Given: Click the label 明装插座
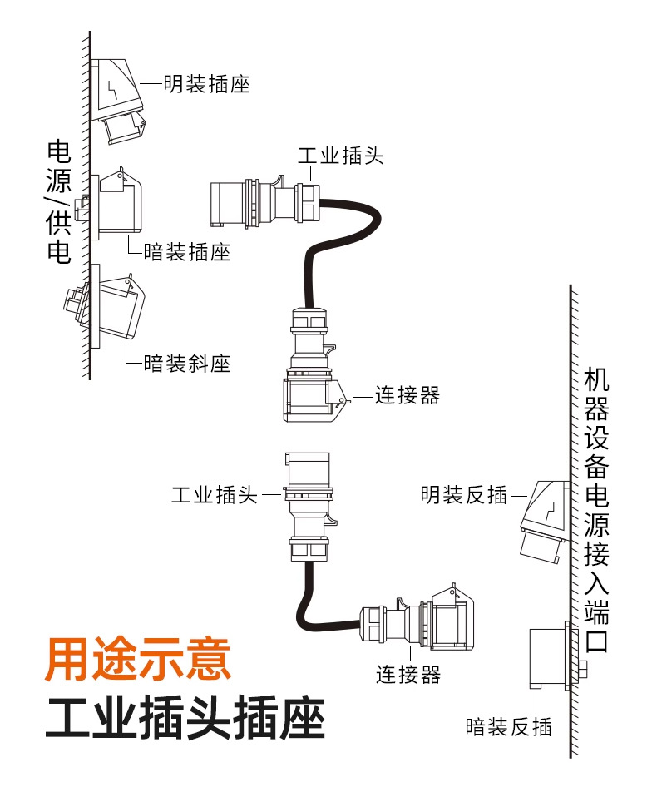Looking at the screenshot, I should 206,84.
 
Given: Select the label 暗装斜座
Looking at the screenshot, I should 186,363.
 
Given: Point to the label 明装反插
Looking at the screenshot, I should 463,496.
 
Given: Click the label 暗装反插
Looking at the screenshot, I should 508,726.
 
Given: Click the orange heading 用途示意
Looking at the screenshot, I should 138,659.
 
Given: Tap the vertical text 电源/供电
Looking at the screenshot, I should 58,203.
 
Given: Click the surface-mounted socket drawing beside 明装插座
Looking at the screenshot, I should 119,100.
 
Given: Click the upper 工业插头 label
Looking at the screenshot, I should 340,155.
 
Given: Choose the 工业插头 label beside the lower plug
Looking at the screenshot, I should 215,496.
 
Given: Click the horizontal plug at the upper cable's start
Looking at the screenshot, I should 262,202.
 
